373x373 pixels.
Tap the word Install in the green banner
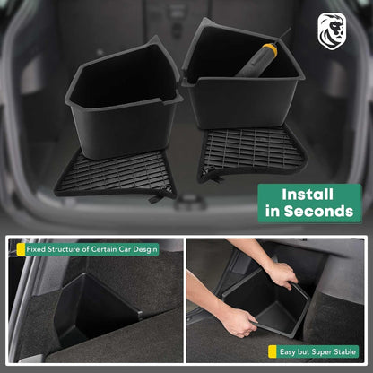pyautogui.click(x=308, y=193)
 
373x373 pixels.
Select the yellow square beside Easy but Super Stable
pyautogui.click(x=272, y=352)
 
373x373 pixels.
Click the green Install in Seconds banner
pyautogui.click(x=308, y=203)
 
